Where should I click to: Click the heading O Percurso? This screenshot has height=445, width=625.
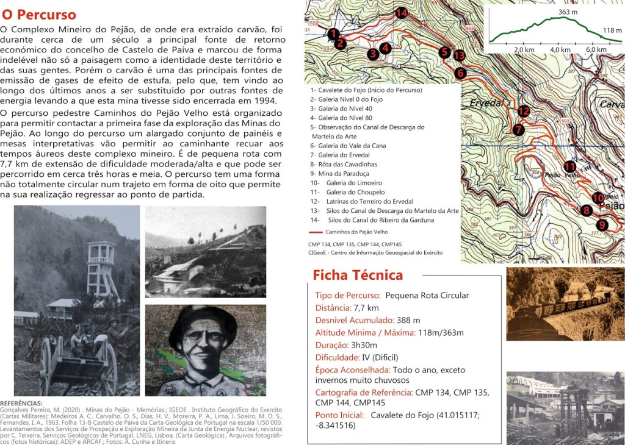39,15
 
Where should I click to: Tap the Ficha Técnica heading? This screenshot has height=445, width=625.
358,275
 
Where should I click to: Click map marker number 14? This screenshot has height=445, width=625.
401,13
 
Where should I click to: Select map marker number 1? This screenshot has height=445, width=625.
333,34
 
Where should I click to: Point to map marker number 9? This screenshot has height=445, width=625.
602,225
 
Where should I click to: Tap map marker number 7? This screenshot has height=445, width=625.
518,130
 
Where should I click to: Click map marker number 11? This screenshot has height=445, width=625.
569,166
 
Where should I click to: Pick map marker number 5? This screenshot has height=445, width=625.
444,52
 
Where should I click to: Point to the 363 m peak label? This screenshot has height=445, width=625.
567,12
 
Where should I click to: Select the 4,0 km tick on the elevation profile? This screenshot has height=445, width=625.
560,49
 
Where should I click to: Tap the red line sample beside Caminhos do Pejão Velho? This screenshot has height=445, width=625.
316,232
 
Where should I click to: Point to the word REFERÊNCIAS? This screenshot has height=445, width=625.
21,403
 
